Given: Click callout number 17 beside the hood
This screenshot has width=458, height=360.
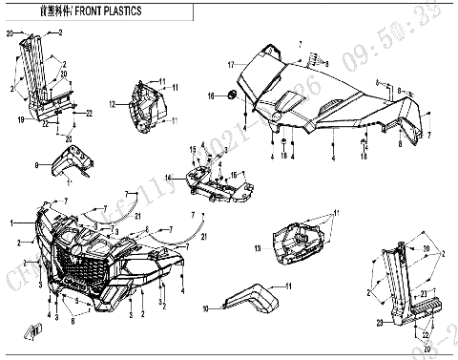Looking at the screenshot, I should [x=230, y=64].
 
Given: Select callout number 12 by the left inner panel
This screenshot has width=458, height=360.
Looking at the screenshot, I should [x=112, y=103].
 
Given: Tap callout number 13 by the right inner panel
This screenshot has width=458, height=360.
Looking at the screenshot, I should [x=258, y=248].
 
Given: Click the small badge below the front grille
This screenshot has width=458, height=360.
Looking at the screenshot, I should [x=38, y=330].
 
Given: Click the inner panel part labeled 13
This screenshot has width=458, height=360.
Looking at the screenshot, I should [x=298, y=240].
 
